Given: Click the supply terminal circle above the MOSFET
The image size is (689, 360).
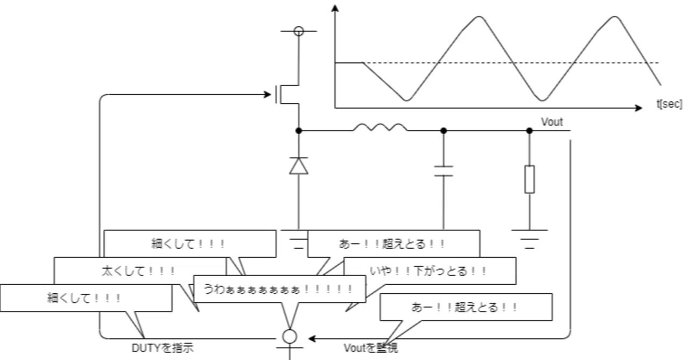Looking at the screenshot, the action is (299, 31).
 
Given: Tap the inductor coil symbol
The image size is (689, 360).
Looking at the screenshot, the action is (381, 128).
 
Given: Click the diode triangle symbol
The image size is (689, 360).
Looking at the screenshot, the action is (299, 166).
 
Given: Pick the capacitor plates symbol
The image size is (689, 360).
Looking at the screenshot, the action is (443, 171).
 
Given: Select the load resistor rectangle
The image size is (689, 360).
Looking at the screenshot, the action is (529, 180).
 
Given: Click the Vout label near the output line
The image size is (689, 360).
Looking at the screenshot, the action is (552, 122).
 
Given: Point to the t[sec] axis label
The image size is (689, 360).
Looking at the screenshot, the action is (669, 104).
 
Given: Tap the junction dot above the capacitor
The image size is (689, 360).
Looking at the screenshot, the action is (443, 131).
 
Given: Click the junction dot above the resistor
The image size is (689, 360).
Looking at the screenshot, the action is (529, 131).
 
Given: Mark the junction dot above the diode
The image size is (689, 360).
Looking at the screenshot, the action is (299, 131).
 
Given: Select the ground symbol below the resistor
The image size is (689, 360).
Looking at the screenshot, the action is (529, 239).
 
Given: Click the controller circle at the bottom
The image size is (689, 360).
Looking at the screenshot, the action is (290, 336).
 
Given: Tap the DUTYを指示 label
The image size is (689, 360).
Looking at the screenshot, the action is (163, 348).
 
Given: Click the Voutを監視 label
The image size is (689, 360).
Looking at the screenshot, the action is (371, 348).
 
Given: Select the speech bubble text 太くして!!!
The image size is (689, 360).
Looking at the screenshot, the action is (138, 271).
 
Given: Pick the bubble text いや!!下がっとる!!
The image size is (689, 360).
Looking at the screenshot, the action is (428, 271).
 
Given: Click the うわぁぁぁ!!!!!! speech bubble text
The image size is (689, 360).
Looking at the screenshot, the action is (278, 290).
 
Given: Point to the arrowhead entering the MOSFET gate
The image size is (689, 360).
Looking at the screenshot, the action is (268, 94).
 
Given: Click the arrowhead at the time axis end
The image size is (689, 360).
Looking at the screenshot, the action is (638, 108).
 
